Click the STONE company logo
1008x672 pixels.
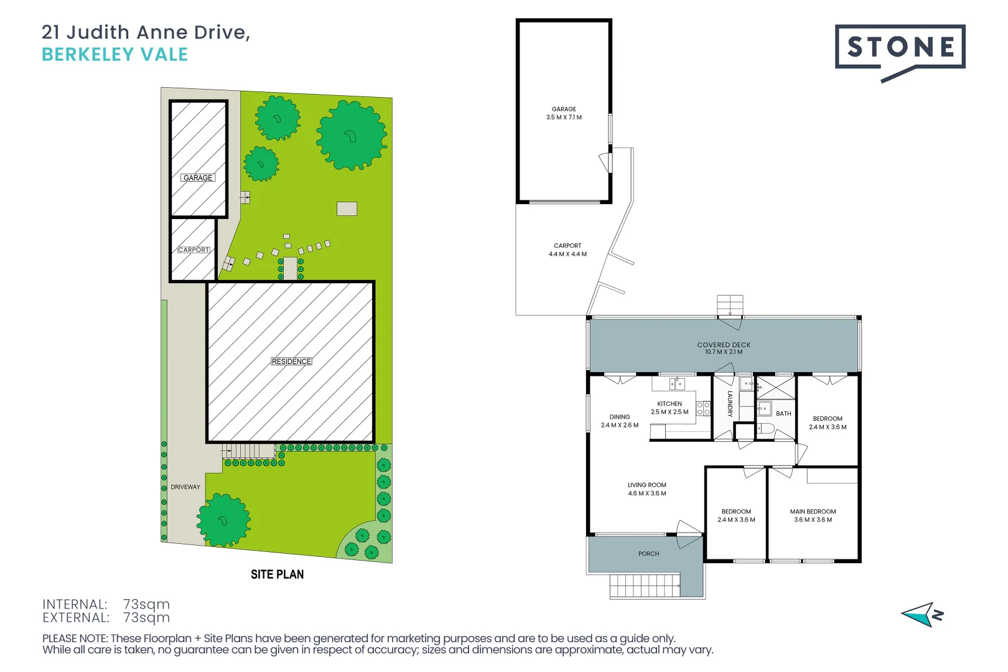pos(900,47)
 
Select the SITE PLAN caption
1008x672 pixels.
pos(277,574)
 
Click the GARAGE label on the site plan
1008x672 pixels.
pos(198,178)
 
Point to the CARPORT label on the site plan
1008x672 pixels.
pos(194,250)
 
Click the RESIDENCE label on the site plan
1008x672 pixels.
pos(291,362)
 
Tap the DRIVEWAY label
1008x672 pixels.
pos(185,487)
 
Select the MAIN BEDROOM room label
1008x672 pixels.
pos(813,511)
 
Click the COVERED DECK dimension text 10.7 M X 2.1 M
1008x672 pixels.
pos(723,352)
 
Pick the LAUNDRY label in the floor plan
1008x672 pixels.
pos(730,404)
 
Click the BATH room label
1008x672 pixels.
pos(783,414)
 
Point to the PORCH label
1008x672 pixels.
pos(648,554)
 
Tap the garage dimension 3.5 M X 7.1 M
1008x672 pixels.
pos(564,118)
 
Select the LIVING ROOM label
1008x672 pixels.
pos(646,485)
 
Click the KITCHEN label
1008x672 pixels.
pos(670,404)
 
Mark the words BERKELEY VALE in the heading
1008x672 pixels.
pos(114,55)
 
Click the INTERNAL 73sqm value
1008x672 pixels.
pos(146,604)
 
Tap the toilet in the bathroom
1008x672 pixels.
pos(765,429)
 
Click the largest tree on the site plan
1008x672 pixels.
pos(351,135)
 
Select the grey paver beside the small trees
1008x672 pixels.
pos(347,209)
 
